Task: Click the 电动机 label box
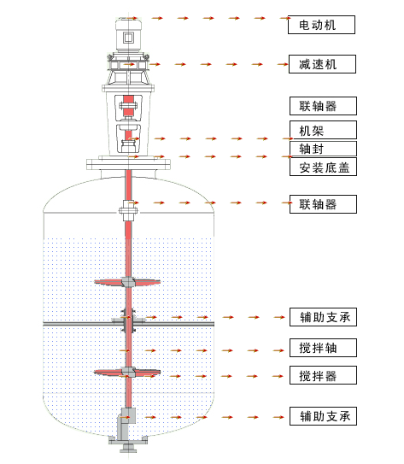(x=321, y=25)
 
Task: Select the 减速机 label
(x=322, y=64)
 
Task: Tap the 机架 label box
(x=323, y=130)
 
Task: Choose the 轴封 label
(x=323, y=149)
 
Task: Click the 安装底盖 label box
(x=323, y=167)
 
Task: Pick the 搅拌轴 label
(x=323, y=348)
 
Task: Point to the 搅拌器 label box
(x=323, y=375)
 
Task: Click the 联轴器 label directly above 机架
(x=323, y=106)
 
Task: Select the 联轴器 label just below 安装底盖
(x=323, y=204)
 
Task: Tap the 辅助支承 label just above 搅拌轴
(x=323, y=317)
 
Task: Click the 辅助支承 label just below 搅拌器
(x=323, y=416)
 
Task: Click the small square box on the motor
(x=129, y=38)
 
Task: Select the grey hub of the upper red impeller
(x=128, y=282)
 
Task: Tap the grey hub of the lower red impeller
(x=128, y=372)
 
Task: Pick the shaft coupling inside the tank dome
(x=128, y=210)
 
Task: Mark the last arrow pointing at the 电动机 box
(x=285, y=18)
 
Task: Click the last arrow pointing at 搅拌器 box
(x=278, y=376)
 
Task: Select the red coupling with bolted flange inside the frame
(x=128, y=106)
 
